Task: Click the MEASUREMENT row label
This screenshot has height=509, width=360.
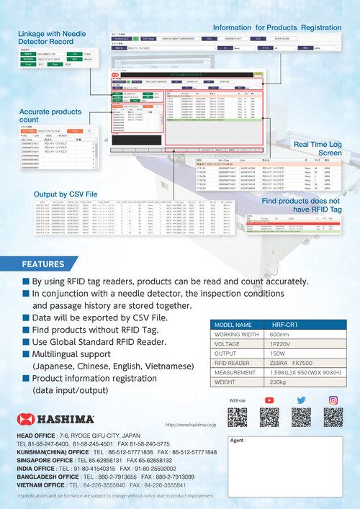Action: click(235, 374)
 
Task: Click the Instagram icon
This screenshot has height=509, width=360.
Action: click(333, 400)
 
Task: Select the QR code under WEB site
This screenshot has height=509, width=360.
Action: click(237, 418)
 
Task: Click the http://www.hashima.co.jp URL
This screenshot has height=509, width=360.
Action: click(191, 425)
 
